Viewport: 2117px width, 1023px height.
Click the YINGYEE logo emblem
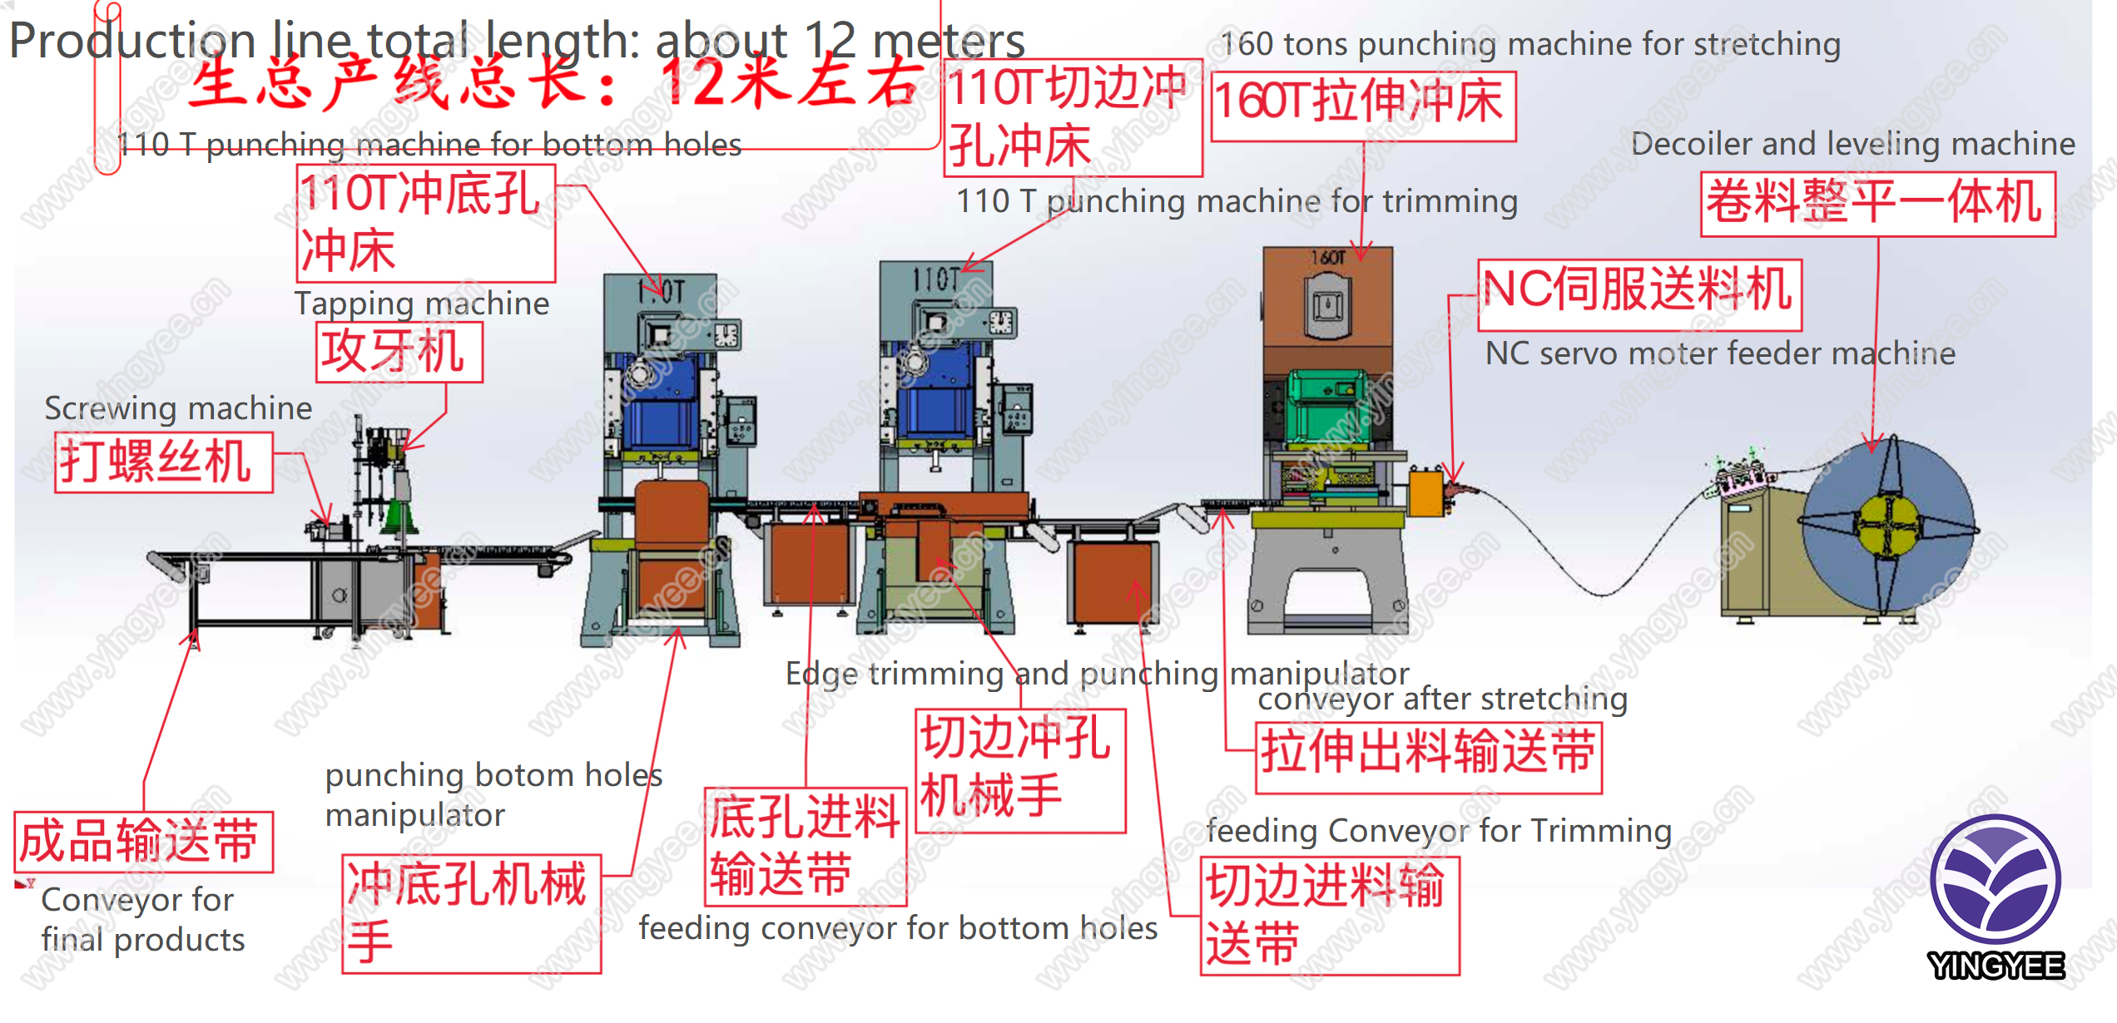pyautogui.click(x=1995, y=879)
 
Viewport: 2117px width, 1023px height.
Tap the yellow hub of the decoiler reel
pyautogui.click(x=1887, y=525)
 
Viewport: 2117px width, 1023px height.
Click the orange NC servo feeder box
pyautogui.click(x=1425, y=492)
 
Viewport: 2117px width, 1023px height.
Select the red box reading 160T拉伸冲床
pyautogui.click(x=1363, y=106)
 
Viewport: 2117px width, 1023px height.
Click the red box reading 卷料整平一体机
pyautogui.click(x=1877, y=204)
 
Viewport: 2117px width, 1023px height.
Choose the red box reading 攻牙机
pyautogui.click(x=399, y=353)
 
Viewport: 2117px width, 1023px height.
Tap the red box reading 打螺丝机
pyautogui.click(x=163, y=462)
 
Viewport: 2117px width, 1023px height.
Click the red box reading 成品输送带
pyautogui.click(x=143, y=842)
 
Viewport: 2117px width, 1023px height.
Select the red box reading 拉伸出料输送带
pyautogui.click(x=1428, y=757)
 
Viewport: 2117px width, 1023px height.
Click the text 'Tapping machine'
pyautogui.click(x=422, y=304)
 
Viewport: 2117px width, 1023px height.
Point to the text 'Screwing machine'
pyautogui.click(x=178, y=408)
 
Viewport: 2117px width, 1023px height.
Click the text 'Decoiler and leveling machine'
pyautogui.click(x=1852, y=144)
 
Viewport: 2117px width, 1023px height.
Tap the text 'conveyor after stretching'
pyautogui.click(x=1442, y=699)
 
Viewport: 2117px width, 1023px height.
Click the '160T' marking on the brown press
pyautogui.click(x=1328, y=258)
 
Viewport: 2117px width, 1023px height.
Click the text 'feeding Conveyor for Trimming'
pyautogui.click(x=1439, y=831)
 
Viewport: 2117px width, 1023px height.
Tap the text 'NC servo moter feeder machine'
pyautogui.click(x=1720, y=353)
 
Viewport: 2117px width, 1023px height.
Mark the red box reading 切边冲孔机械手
pyautogui.click(x=1020, y=770)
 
